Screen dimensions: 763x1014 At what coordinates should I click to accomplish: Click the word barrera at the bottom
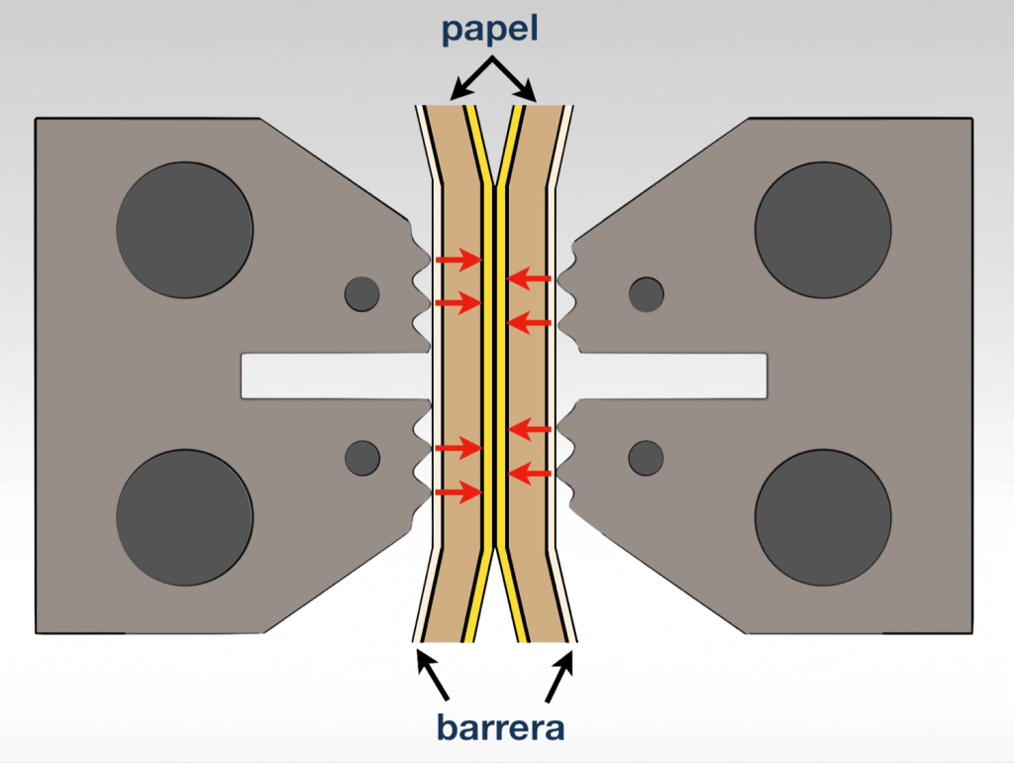(x=501, y=727)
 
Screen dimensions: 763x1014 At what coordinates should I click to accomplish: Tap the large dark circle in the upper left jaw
(x=184, y=230)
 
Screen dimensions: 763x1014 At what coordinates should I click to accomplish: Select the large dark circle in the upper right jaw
(x=823, y=230)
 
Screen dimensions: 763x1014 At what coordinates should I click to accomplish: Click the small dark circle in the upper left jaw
(x=361, y=292)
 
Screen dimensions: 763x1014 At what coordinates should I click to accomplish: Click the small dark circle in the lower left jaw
(x=361, y=457)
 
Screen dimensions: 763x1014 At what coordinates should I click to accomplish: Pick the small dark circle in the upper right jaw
(x=647, y=292)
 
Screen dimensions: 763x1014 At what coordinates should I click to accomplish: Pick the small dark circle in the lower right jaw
(x=647, y=457)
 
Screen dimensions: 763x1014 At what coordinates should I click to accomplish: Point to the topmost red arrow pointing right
(x=458, y=260)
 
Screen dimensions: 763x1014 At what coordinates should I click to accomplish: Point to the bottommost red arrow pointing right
(x=458, y=491)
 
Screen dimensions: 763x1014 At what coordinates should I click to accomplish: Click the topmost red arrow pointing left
(x=529, y=279)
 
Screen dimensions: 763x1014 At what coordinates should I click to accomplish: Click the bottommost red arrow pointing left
(x=529, y=475)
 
